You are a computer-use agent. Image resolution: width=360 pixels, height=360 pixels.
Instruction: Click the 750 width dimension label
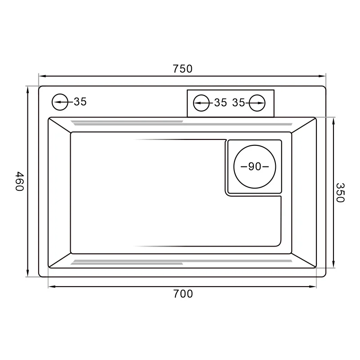(182, 69)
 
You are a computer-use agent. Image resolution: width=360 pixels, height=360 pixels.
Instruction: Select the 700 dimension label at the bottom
(183, 294)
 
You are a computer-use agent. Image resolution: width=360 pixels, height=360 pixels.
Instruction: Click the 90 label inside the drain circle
(255, 166)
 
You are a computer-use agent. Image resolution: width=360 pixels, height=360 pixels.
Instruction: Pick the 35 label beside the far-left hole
(80, 102)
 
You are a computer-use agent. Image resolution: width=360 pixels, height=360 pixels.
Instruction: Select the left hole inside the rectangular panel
(201, 103)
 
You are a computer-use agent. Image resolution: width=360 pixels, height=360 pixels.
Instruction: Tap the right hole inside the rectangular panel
(257, 103)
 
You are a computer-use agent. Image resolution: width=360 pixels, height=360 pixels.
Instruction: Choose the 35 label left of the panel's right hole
(238, 103)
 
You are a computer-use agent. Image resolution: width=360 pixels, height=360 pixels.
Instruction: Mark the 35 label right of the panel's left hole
(220, 103)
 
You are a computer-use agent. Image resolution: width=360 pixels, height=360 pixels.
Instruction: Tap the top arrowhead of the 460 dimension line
(28, 89)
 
